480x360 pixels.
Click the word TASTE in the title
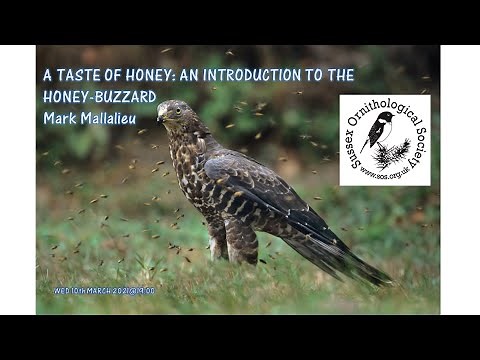[x=78, y=74]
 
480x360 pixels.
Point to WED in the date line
[x=62, y=291]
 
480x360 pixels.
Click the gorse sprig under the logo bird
[x=392, y=152]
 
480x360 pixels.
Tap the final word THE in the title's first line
[x=341, y=74]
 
